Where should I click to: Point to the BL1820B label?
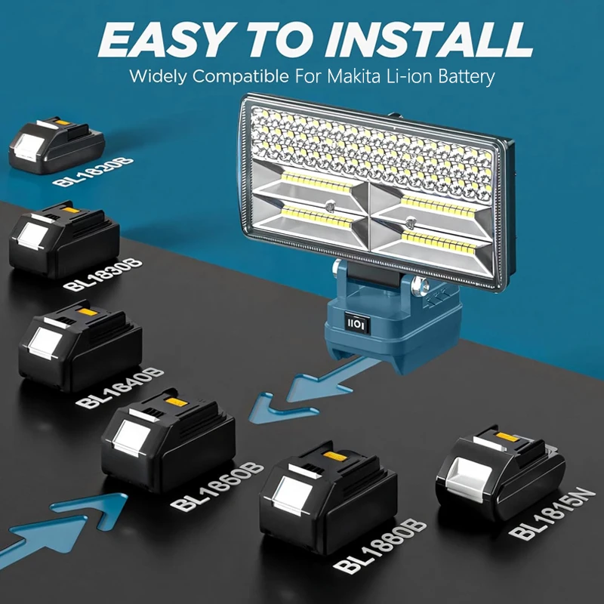click(84, 175)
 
